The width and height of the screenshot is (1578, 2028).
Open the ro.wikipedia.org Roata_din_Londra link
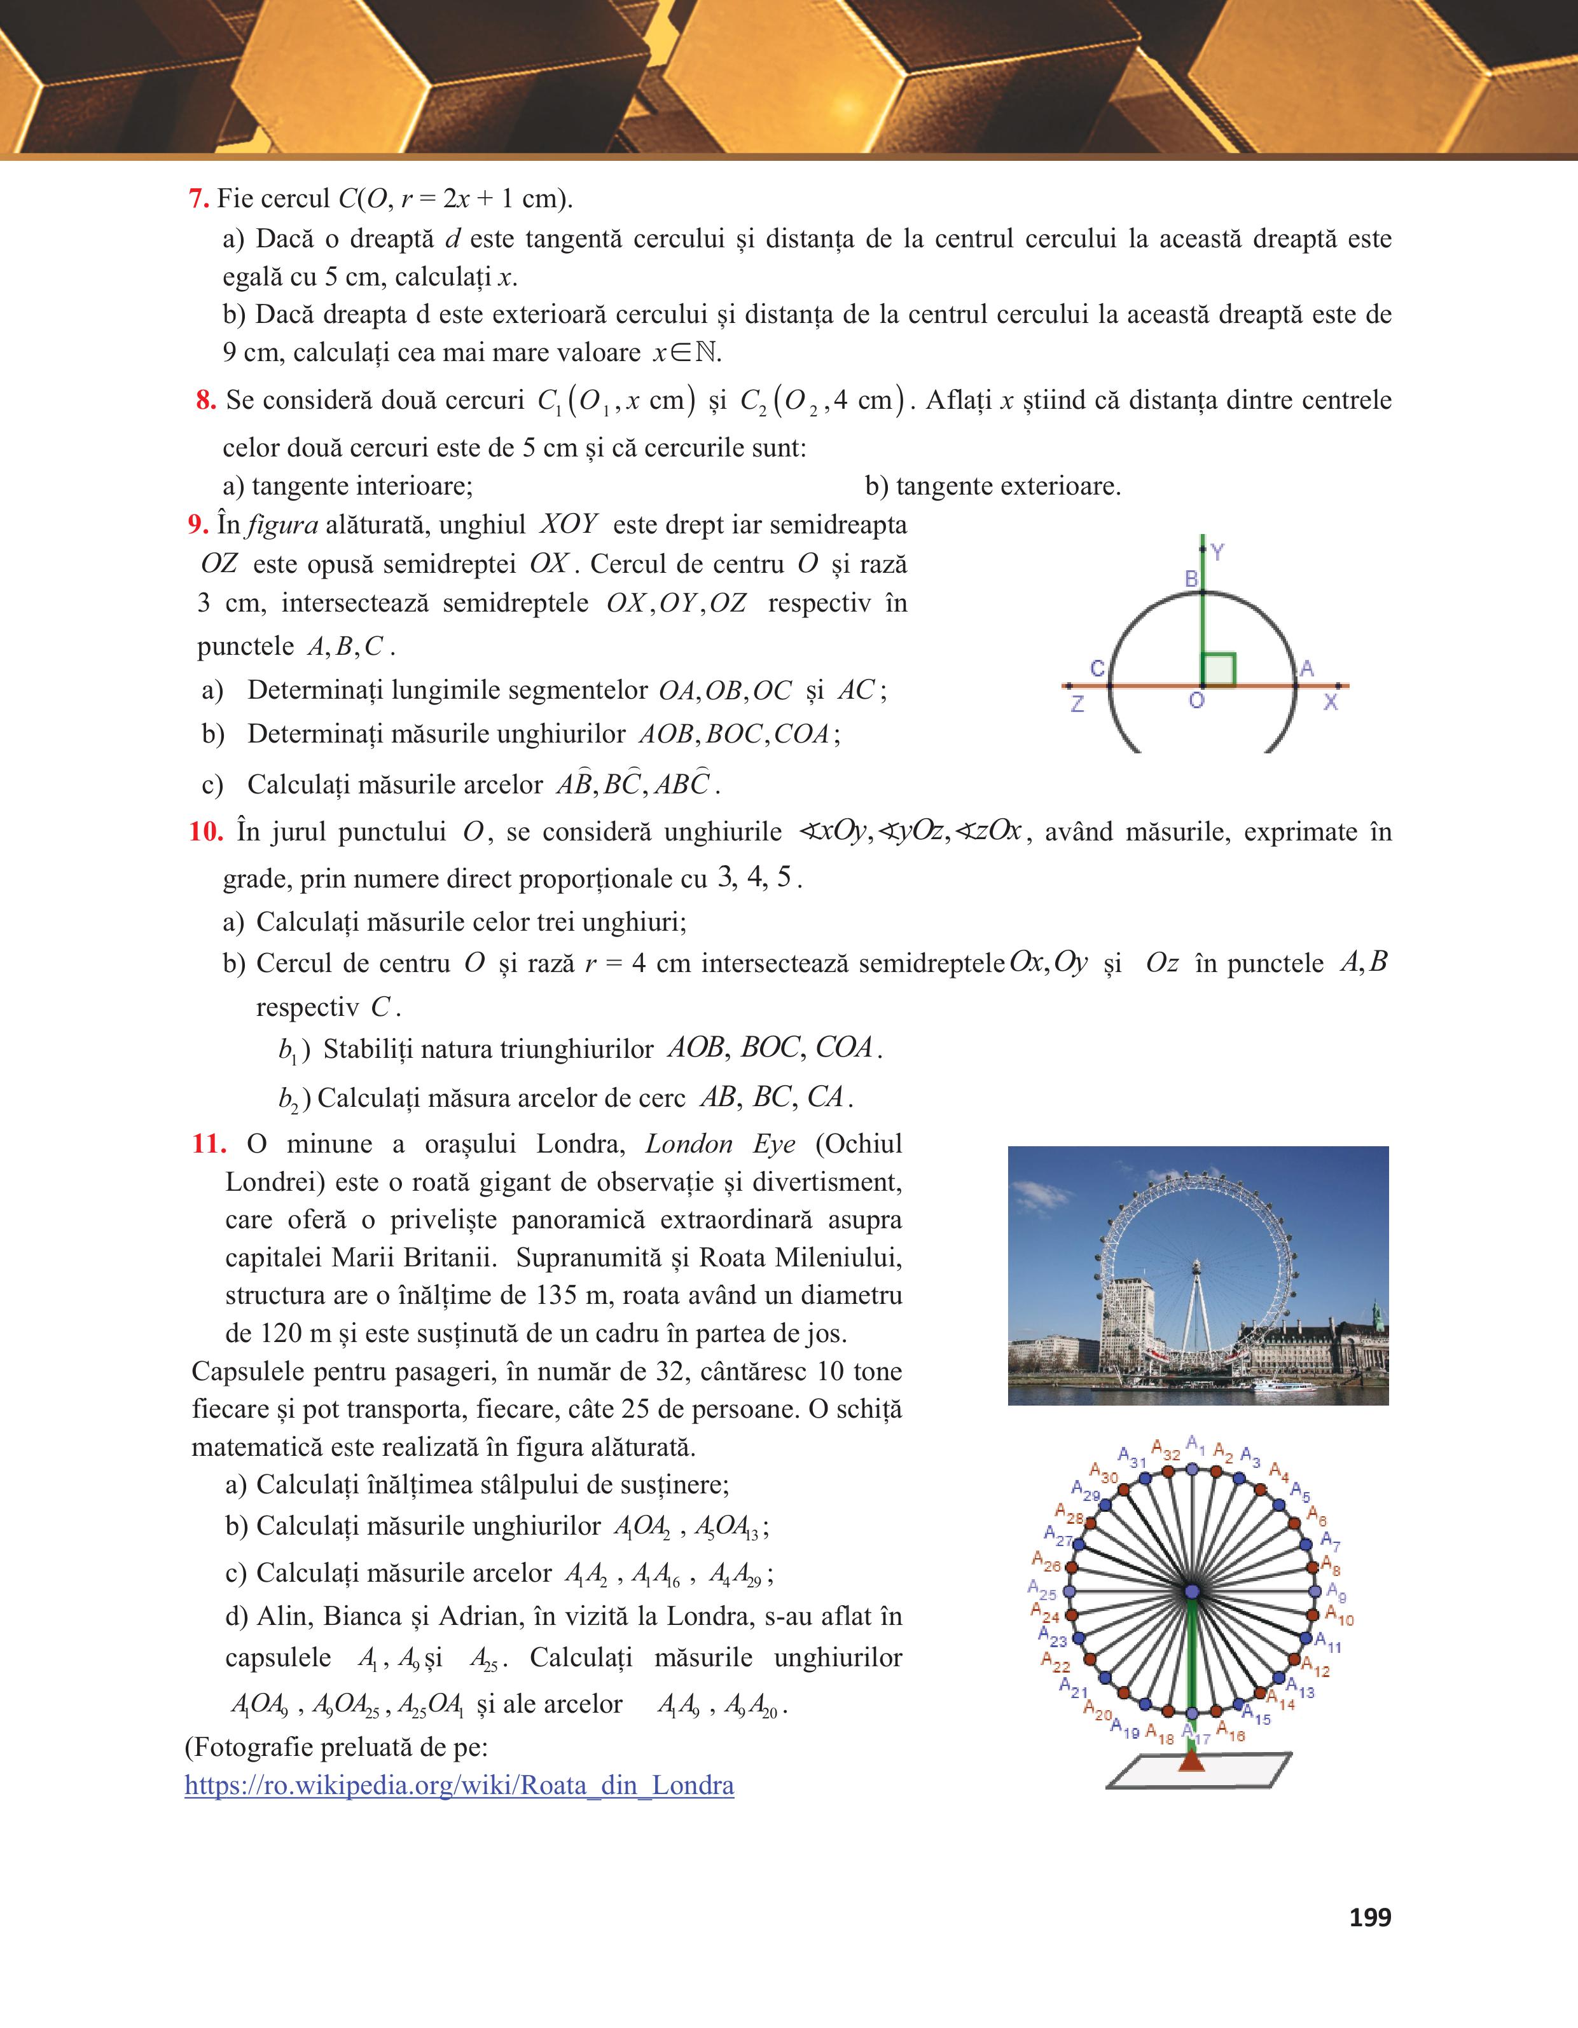click(460, 1785)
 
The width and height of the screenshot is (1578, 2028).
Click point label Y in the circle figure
click(1217, 552)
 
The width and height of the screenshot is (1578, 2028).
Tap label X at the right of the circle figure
click(1331, 702)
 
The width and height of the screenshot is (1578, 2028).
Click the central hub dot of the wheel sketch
click(1193, 1592)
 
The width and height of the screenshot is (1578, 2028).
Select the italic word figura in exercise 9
click(282, 524)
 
